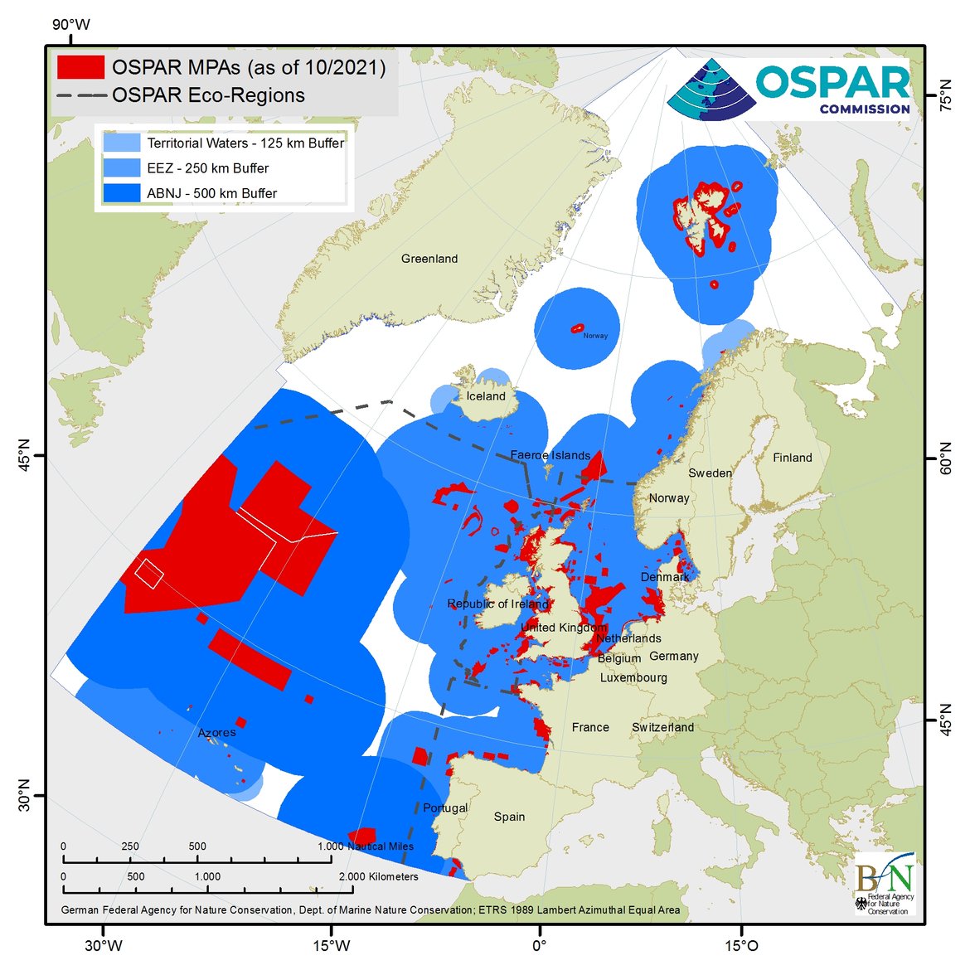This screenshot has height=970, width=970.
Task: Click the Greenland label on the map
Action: (429, 259)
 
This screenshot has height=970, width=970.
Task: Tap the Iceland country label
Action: (486, 396)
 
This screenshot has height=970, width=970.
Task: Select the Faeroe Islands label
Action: (550, 455)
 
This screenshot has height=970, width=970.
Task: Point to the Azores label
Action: (216, 732)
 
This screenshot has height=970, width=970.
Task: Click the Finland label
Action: (792, 458)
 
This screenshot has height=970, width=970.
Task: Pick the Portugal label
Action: (445, 808)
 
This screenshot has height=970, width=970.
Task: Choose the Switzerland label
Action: (662, 727)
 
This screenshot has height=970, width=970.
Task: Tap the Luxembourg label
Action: (633, 677)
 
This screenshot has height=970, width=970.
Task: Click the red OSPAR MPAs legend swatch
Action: (80, 67)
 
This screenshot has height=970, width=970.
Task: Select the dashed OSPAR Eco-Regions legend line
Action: (80, 95)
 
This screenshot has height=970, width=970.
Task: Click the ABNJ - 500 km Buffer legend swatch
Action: (121, 193)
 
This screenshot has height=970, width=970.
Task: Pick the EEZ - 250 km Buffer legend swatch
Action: (121, 168)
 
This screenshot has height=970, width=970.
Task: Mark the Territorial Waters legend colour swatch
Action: (121, 143)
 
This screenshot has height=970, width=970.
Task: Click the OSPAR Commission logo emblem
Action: (711, 89)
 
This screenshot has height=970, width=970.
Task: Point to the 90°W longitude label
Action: (70, 25)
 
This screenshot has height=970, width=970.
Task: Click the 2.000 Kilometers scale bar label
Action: (378, 876)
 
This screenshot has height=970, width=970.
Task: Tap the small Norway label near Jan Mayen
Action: (595, 336)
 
